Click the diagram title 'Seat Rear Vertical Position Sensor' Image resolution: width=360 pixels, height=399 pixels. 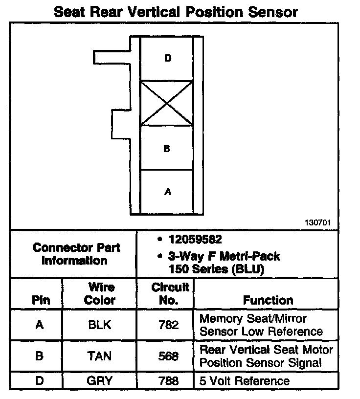(x=175, y=11)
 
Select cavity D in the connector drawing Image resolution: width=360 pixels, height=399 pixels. (x=167, y=59)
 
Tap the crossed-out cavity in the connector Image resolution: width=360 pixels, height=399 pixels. (x=167, y=103)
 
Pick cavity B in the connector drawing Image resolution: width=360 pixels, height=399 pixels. (x=167, y=148)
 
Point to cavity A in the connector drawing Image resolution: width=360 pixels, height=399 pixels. (x=167, y=192)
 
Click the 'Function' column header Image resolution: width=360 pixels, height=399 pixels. (x=268, y=300)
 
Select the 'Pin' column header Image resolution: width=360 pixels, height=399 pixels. (x=41, y=300)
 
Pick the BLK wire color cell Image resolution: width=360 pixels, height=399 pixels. (x=100, y=325)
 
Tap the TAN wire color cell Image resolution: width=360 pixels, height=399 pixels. (x=100, y=356)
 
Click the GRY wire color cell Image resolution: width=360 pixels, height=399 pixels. (x=100, y=380)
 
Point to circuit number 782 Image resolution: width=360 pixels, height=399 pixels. (x=169, y=325)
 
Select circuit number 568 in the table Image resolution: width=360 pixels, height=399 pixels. (x=169, y=356)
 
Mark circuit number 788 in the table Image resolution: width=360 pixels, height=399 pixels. (x=169, y=380)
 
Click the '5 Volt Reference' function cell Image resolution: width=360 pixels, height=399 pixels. (x=245, y=380)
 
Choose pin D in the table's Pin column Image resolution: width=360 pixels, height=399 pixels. (x=39, y=380)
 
